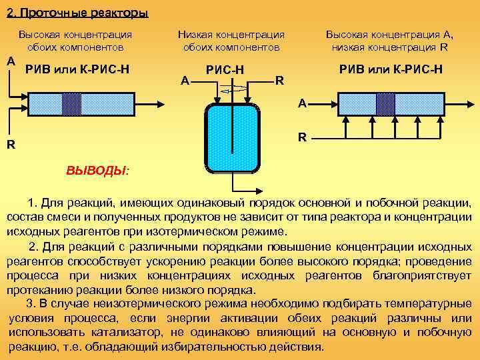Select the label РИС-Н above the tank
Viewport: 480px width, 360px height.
point(225,69)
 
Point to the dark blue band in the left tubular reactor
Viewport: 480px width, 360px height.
point(71,103)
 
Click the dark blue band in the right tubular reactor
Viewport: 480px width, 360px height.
point(385,103)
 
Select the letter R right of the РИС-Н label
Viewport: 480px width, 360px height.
point(280,81)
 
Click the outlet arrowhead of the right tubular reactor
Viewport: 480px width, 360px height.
point(470,103)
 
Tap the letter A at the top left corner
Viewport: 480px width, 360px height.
point(10,61)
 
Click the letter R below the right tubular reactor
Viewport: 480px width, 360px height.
point(302,139)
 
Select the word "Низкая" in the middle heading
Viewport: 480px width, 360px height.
point(195,34)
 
